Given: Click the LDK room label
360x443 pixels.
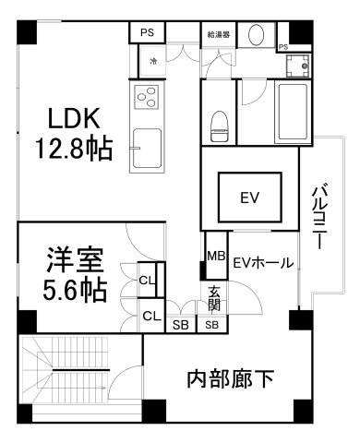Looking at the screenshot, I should point(74,121).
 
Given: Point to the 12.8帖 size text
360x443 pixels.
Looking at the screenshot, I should point(74,149).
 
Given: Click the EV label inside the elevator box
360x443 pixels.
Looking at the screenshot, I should point(247,197).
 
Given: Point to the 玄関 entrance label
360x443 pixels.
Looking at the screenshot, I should point(214,298).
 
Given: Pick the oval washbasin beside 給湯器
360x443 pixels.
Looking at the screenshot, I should point(259,34).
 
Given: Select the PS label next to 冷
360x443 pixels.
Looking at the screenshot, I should point(147,31).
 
